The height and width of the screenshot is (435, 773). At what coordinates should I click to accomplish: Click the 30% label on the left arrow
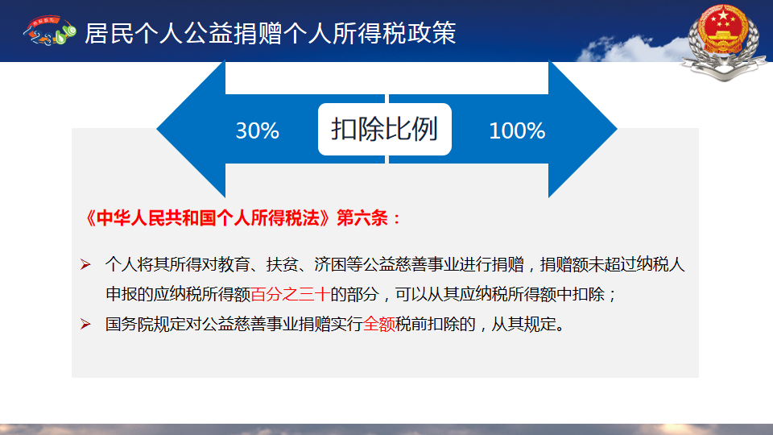pos(258,130)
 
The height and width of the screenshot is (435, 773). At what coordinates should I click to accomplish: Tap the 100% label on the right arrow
pos(517,130)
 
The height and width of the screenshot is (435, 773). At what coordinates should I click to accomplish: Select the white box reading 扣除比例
pos(385,129)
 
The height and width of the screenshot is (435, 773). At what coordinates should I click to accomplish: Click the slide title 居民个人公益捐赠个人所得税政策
pos(271,33)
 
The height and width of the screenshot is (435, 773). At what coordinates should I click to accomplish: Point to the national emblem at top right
pos(723,41)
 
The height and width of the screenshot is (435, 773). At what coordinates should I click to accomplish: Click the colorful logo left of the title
pos(49,31)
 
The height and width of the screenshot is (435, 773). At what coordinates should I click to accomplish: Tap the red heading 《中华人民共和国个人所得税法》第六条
pos(243,217)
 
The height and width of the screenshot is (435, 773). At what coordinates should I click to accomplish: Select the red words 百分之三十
pos(291,295)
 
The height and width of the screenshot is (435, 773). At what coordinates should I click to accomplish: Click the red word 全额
pos(379,324)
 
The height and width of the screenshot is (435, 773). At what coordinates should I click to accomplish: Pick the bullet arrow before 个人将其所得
pos(85,265)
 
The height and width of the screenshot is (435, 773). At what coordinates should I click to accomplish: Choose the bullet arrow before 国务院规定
pos(85,324)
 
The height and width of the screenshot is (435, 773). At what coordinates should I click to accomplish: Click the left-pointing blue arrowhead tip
pos(157,129)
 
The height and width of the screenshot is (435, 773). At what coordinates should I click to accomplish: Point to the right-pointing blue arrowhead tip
pos(618,129)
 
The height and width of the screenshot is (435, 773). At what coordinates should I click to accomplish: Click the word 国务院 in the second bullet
pos(129,324)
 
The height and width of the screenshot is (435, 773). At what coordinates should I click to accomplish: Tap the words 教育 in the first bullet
pos(234,265)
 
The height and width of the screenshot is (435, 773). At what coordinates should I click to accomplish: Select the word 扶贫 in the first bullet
pos(283,265)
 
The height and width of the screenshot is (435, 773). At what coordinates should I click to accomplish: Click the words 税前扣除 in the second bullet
pos(428,324)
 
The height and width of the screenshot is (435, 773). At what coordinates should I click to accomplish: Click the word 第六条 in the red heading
pos(362,217)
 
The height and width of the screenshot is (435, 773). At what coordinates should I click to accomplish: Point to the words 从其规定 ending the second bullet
pos(523,324)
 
